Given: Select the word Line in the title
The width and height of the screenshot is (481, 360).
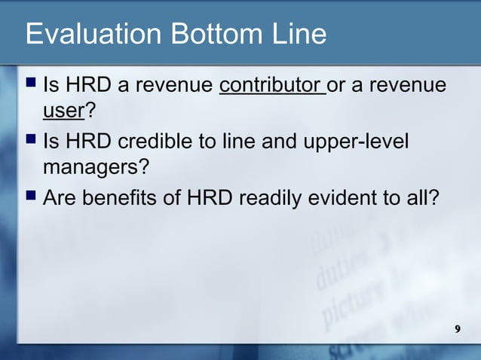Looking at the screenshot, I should pos(298,35).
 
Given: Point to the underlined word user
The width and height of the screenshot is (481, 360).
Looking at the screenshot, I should pos(63,112).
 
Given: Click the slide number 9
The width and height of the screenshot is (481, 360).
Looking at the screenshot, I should pos(458,330).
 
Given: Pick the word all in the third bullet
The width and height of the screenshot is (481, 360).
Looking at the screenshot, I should pos(424,199).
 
